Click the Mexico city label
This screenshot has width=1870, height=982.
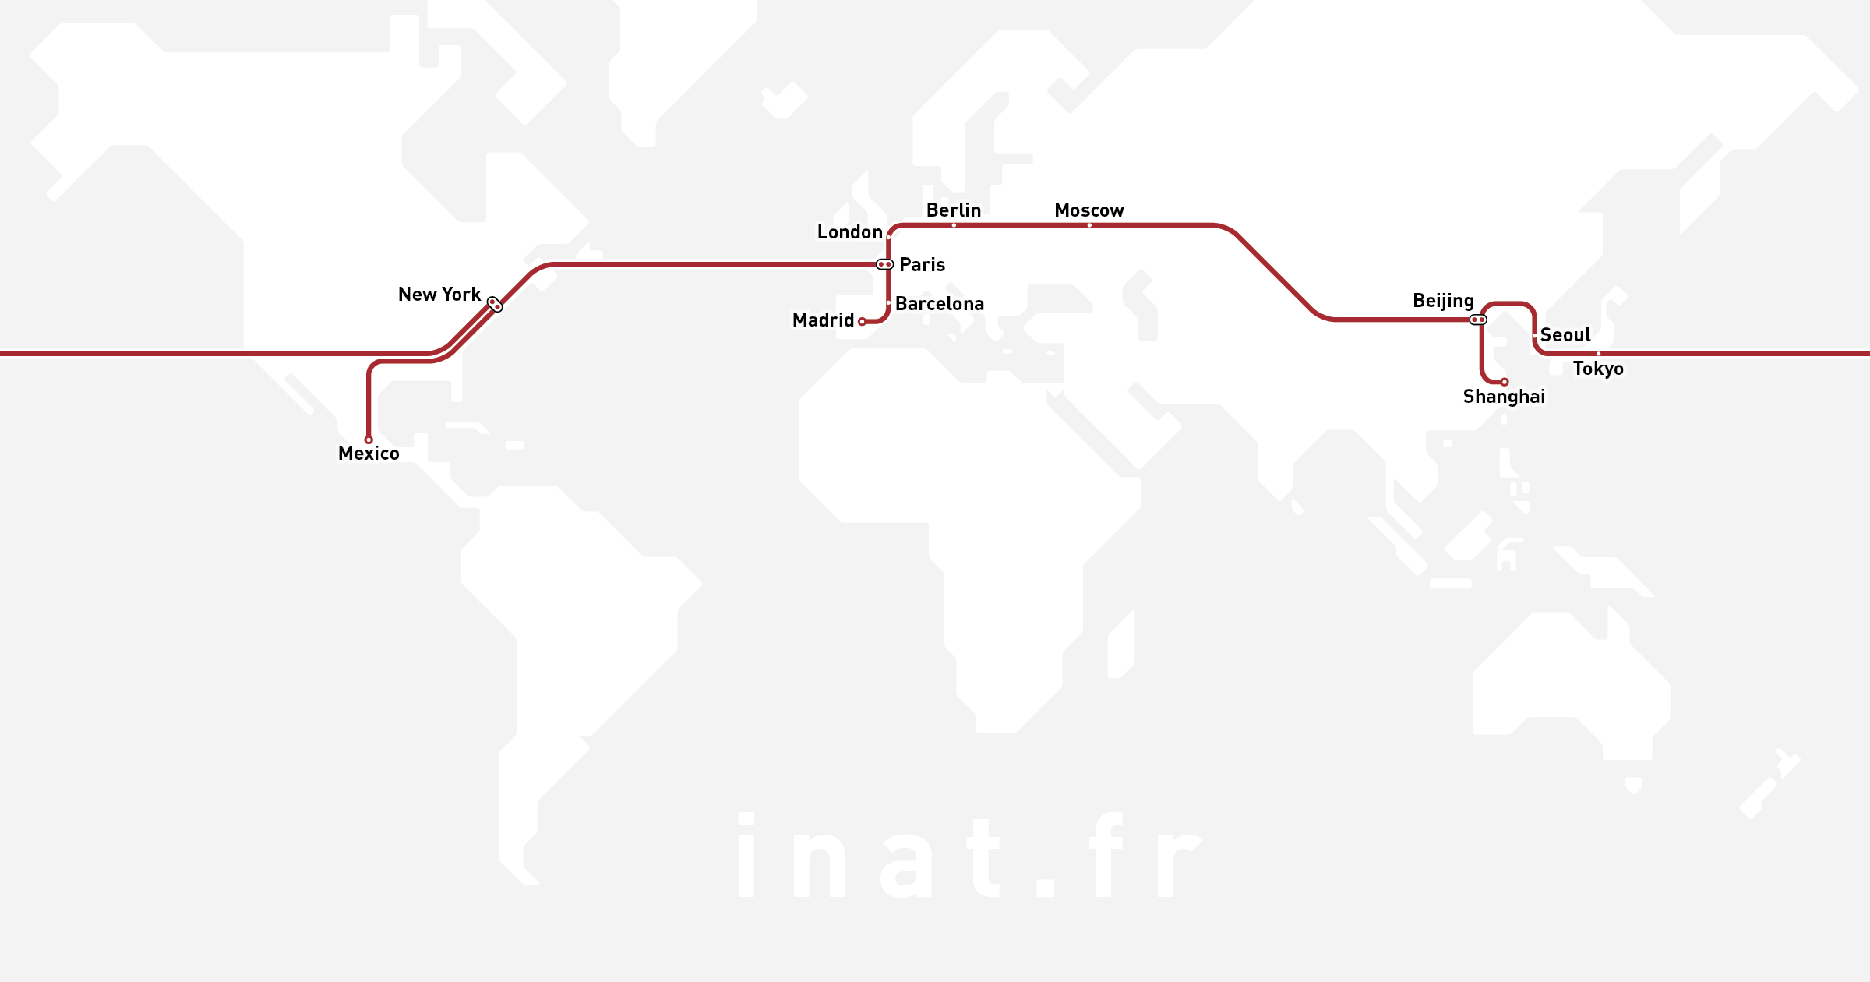tap(369, 454)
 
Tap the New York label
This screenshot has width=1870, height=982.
tap(439, 295)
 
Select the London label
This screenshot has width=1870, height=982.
tap(849, 232)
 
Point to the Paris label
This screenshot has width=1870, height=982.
tap(922, 265)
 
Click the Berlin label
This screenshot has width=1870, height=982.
tap(953, 210)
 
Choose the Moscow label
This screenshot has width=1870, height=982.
tap(1088, 210)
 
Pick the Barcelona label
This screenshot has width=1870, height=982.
tap(939, 304)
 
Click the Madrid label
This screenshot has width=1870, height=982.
tap(823, 320)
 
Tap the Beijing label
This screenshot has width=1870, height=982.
tap(1443, 301)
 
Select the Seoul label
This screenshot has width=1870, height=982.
tap(1565, 335)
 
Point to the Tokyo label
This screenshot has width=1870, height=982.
tap(1598, 369)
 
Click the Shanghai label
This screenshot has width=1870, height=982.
tap(1504, 397)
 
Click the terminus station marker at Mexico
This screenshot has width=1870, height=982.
tap(369, 440)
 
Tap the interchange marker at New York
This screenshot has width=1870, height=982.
tap(495, 304)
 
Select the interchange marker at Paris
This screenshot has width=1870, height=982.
tap(884, 264)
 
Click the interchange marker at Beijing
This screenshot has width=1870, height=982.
tap(1478, 320)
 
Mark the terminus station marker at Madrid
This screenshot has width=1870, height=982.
tap(862, 321)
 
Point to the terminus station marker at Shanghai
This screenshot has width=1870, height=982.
tap(1505, 382)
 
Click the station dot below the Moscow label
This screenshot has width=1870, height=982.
tap(1089, 225)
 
